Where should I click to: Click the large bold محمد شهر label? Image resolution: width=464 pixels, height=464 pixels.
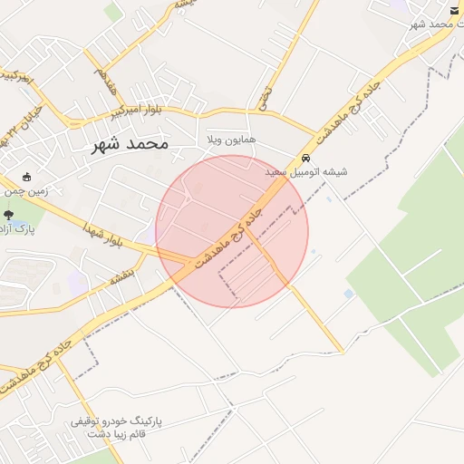[130, 144]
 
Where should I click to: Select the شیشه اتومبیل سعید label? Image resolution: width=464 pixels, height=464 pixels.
[306, 171]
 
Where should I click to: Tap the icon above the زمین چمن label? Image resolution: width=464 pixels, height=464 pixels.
[26, 176]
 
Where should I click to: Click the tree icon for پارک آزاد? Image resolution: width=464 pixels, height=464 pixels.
[9, 216]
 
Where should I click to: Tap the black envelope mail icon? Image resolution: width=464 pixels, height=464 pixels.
[454, 10]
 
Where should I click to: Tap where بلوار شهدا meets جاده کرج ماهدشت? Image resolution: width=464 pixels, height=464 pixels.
[188, 263]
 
